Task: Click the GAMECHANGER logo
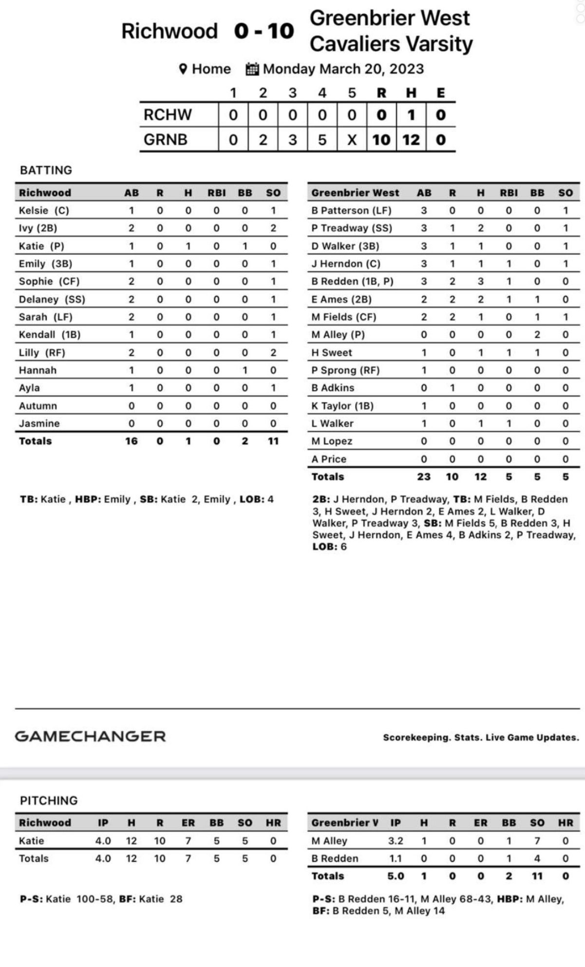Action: click(x=90, y=736)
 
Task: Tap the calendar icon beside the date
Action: click(x=252, y=69)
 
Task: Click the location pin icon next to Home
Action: click(x=183, y=69)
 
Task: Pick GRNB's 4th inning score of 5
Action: click(x=322, y=140)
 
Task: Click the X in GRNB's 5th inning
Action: click(x=352, y=140)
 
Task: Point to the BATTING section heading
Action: click(x=46, y=170)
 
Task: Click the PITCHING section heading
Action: click(x=49, y=801)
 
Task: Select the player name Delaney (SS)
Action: click(x=52, y=299)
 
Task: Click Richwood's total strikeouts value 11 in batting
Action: click(x=273, y=441)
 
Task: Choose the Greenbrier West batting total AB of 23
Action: click(x=424, y=477)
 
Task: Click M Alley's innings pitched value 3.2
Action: click(x=395, y=841)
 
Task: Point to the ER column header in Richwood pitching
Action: click(x=188, y=823)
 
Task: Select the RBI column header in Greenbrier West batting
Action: click(x=509, y=193)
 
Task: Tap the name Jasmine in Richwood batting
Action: click(x=39, y=423)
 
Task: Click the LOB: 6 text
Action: click(x=329, y=547)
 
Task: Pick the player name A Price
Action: click(x=329, y=459)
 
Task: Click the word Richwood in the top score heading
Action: click(x=169, y=31)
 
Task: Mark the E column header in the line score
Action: click(x=441, y=93)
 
